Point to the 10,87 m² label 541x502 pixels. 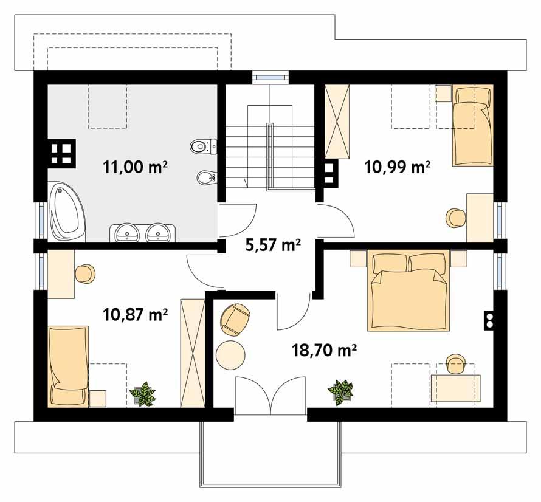[136, 314]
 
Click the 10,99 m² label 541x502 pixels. [398, 166]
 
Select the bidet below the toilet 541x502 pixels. [205, 177]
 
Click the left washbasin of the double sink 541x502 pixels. [128, 232]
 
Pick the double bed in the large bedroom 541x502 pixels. [408, 292]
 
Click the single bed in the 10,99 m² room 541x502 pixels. [472, 126]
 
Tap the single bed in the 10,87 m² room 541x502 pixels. [68, 365]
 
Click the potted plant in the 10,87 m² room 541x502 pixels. [144, 394]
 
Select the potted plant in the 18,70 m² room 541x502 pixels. [340, 392]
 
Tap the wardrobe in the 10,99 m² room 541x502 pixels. [339, 122]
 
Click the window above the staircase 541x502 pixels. [270, 77]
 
